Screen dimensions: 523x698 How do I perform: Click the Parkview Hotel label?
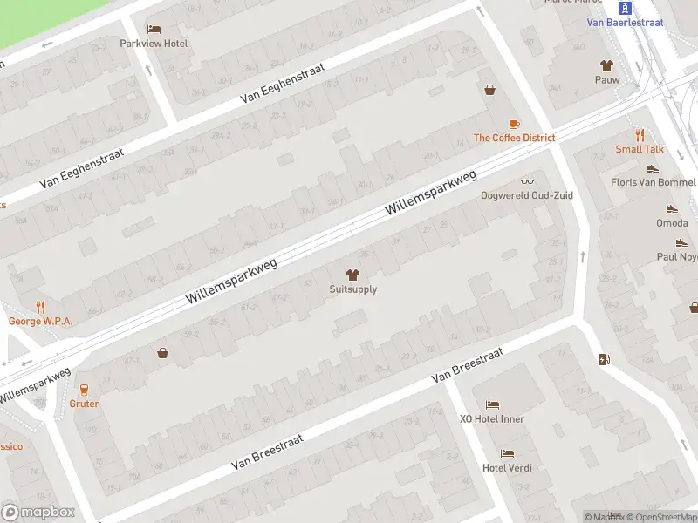coord(154,44)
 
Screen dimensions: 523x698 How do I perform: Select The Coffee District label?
coord(514,138)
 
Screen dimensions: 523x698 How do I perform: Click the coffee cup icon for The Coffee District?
coord(514,124)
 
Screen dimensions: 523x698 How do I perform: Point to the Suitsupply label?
coord(353,289)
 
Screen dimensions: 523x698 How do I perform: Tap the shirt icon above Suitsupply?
coord(353,275)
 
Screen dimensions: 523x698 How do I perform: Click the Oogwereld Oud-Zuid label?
coord(527,195)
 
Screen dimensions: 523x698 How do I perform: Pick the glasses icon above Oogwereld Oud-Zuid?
coord(527,180)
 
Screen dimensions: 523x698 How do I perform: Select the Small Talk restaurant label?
coord(640,149)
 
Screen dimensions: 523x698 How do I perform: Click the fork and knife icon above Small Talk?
coord(640,135)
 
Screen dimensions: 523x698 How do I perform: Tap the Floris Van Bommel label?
coord(653,183)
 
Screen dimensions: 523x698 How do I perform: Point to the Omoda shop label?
coord(671,223)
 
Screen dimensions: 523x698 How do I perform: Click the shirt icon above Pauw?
coord(606,65)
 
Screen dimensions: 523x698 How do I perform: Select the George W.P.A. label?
coord(40,321)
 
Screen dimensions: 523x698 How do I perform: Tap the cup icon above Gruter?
coord(85,390)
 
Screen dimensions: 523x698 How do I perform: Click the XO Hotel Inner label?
coord(492,419)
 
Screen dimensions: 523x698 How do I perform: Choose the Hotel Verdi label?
coord(507,468)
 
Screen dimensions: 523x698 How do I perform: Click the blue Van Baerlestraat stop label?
coord(625,23)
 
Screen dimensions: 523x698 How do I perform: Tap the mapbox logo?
coord(38,513)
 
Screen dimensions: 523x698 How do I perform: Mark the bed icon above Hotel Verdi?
coord(507,453)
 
